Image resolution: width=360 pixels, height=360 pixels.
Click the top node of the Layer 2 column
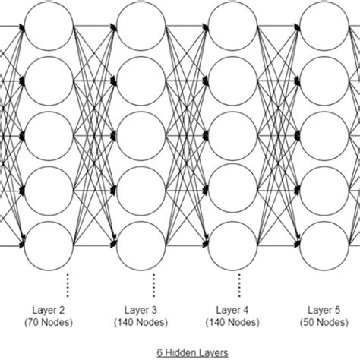[x=49, y=28]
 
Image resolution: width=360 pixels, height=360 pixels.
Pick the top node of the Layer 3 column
[x=141, y=28]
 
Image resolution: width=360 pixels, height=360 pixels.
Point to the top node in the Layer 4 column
[x=233, y=28]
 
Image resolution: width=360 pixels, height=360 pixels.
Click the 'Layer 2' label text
[x=49, y=309]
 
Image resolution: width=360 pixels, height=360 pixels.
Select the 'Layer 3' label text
[x=141, y=309]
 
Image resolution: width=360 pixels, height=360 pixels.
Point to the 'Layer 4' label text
[x=233, y=309]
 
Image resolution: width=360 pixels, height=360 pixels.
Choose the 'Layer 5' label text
[x=325, y=309]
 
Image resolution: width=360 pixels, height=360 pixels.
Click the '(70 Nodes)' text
[x=49, y=322]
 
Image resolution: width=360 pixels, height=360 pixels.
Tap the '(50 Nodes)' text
[x=325, y=322]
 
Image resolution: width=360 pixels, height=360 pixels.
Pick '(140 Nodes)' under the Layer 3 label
[x=141, y=322]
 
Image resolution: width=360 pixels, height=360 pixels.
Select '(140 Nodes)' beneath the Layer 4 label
[x=233, y=322]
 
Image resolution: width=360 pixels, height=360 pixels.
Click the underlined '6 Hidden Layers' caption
[x=186, y=352]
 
